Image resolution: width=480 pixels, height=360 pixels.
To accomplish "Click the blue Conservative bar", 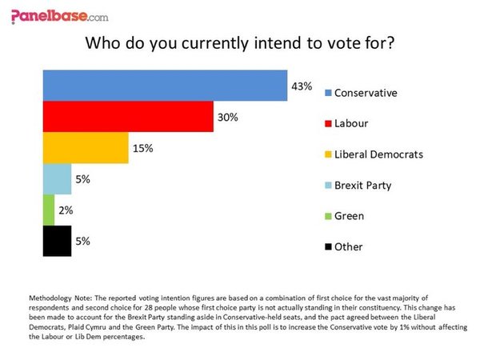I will point(164,86).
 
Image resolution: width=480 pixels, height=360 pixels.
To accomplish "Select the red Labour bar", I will point(127,117).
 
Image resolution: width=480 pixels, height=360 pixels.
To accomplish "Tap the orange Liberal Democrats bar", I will point(85,148).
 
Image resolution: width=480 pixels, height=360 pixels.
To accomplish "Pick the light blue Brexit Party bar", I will point(57,179).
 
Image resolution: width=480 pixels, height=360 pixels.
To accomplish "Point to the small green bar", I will point(48,210).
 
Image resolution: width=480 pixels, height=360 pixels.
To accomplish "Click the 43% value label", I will point(302,86).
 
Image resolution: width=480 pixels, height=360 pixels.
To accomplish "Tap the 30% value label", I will point(227,117).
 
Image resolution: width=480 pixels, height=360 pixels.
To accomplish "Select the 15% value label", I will point(142,148).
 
